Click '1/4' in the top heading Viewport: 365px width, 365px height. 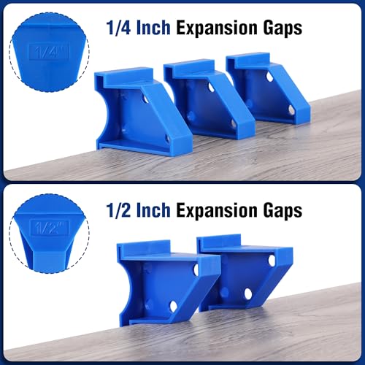(x=118, y=28)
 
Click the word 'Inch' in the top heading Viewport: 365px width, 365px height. (x=153, y=28)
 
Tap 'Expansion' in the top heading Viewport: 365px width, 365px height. (x=217, y=28)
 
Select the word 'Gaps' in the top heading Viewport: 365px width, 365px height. (x=283, y=28)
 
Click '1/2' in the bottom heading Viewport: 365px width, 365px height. (x=118, y=210)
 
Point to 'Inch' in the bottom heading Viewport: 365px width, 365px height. (x=153, y=210)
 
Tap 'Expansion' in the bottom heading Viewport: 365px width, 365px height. (x=217, y=211)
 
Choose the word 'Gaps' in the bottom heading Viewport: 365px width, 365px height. (x=283, y=211)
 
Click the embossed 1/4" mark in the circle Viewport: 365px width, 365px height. (x=50, y=52)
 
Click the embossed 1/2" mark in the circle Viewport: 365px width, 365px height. (x=50, y=228)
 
